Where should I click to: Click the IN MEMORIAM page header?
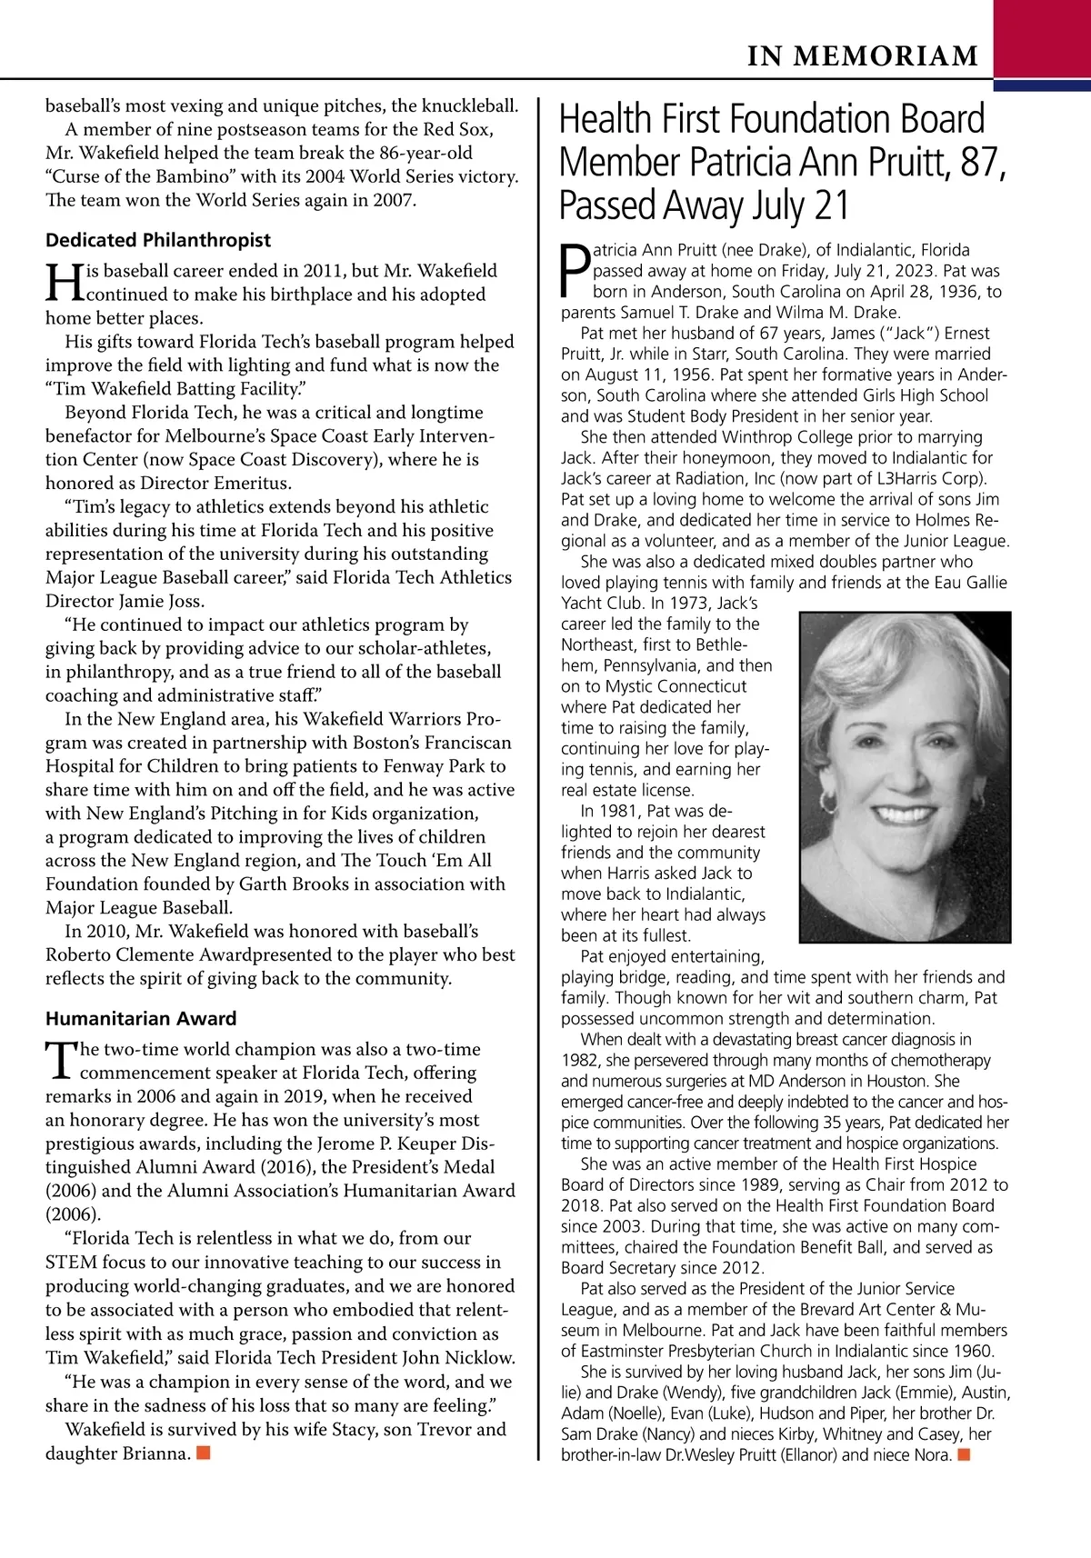(x=863, y=57)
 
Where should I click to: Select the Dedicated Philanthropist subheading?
(x=158, y=240)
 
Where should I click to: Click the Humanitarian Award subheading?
(x=141, y=1018)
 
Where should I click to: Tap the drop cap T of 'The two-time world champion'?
(x=62, y=1060)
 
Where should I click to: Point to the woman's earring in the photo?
(x=828, y=803)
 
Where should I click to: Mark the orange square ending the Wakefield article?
(x=204, y=1453)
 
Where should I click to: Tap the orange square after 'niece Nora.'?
(x=964, y=1455)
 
